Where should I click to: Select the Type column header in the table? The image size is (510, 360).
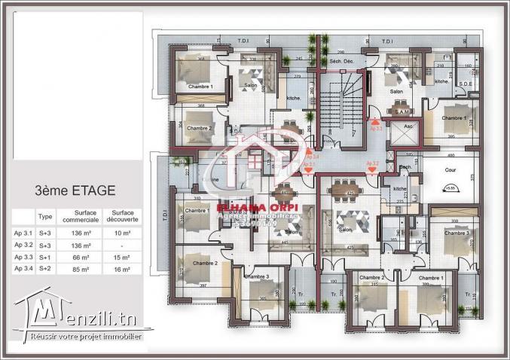[45, 215]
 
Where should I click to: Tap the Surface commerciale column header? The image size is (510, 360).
[81, 215]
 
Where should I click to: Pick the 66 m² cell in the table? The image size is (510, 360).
[81, 257]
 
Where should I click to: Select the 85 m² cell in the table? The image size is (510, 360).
[81, 268]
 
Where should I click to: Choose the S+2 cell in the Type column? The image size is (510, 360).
[45, 268]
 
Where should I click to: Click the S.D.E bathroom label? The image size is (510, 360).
[465, 84]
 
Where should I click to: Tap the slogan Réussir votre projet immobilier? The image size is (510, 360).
[87, 336]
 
